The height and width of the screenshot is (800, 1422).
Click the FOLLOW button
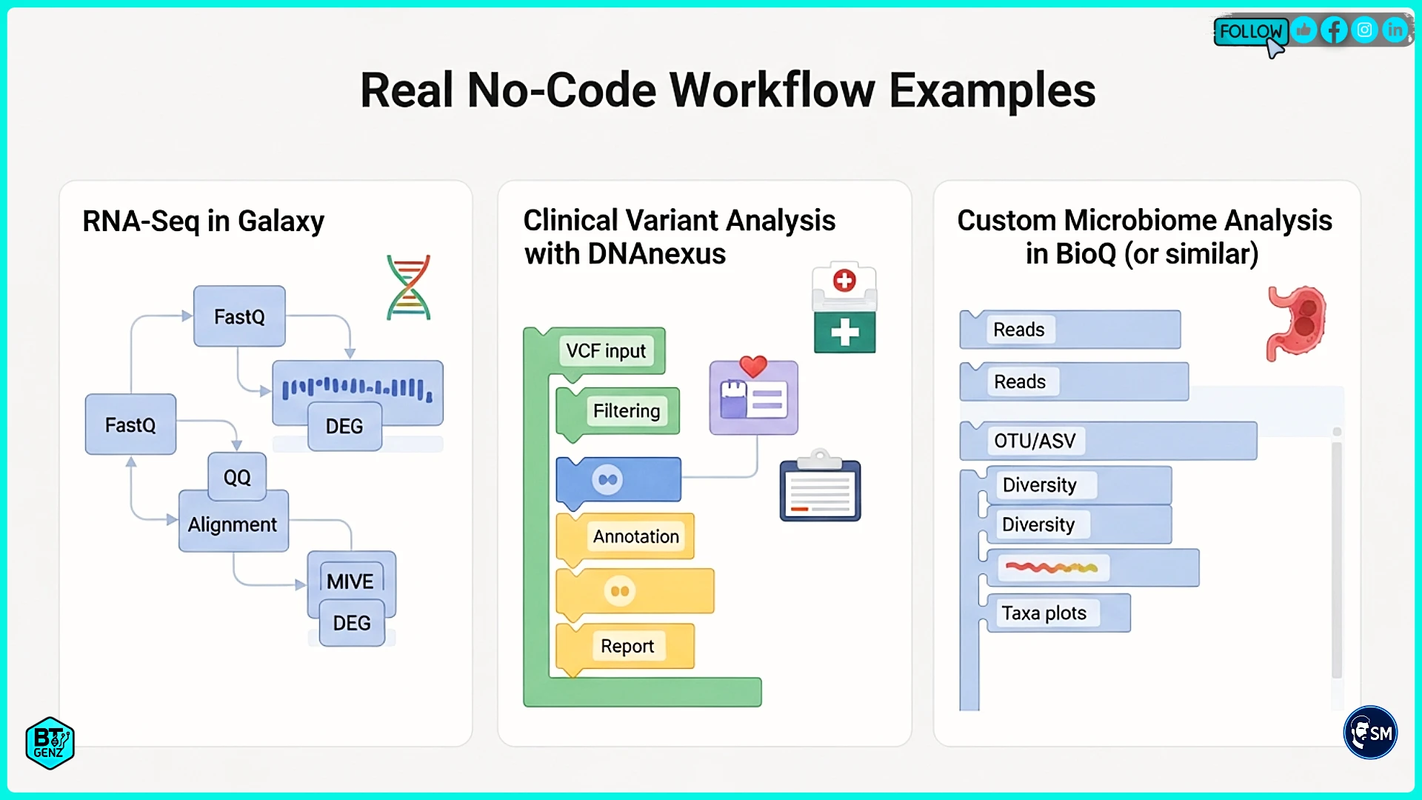click(1250, 31)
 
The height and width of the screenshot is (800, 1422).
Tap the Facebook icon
click(1334, 30)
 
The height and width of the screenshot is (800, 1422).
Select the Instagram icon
click(1364, 30)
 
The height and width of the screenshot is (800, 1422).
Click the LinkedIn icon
click(1395, 30)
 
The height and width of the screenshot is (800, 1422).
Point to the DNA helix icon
click(408, 287)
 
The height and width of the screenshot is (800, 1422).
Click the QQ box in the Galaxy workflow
click(237, 477)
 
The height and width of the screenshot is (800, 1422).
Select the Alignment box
click(233, 524)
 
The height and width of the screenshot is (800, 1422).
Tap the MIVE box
click(350, 581)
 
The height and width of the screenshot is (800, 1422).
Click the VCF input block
click(606, 350)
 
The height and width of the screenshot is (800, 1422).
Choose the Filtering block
click(626, 411)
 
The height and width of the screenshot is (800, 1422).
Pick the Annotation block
click(635, 536)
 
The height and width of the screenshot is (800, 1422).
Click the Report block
click(627, 646)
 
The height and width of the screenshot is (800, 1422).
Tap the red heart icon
click(753, 366)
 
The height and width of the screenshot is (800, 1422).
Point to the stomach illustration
click(1297, 323)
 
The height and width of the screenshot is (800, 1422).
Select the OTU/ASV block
click(1035, 441)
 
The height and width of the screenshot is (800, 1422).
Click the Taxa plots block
click(1044, 613)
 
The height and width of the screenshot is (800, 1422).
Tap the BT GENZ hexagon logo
click(50, 743)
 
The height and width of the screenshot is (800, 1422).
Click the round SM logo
click(1370, 733)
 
